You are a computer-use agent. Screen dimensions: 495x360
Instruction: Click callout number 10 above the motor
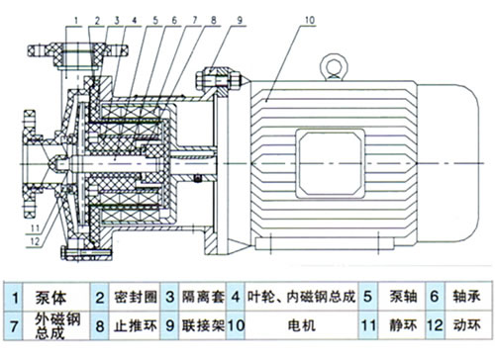[310, 20]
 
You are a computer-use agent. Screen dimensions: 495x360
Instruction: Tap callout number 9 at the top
[240, 20]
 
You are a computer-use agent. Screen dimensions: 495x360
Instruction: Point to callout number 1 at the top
[76, 21]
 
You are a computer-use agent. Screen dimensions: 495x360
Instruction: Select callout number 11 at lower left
[35, 228]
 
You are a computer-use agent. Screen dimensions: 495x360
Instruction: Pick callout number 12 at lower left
[35, 241]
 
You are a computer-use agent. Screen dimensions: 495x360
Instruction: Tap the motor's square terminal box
[330, 163]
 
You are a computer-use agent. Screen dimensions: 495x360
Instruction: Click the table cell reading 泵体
[50, 298]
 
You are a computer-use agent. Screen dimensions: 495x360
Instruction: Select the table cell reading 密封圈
[136, 297]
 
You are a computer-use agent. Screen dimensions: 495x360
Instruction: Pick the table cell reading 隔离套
[203, 297]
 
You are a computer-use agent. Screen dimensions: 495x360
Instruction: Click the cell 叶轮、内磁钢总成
[301, 297]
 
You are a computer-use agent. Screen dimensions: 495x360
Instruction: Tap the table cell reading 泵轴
[403, 297]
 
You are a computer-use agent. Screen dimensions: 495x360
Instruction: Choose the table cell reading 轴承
[466, 297]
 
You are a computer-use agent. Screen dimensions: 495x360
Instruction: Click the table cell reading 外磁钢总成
[57, 325]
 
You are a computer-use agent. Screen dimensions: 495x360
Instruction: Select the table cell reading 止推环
[136, 326]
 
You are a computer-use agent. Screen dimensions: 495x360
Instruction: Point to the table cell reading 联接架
[203, 325]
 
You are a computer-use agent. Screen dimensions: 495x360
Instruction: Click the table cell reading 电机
[301, 326]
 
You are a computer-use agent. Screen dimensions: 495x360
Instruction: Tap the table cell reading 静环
[403, 325]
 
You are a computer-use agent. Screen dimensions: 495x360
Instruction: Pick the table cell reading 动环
[466, 325]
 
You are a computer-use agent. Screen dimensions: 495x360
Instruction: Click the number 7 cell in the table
[14, 326]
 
